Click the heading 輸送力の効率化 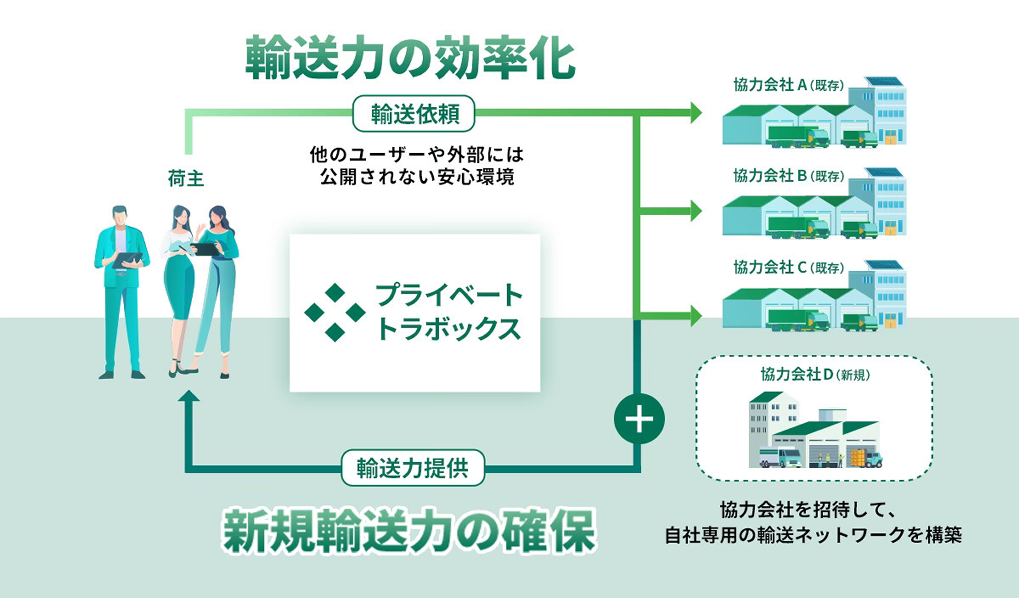pos(410,59)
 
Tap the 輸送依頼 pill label pos(414,114)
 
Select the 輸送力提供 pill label pos(413,468)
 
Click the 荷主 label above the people pos(186,178)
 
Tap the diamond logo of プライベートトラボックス pos(335,313)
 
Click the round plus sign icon pos(639,419)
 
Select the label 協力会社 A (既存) pos(788,85)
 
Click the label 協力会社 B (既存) pos(788,176)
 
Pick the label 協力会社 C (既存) pos(788,268)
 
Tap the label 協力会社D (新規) pos(815,375)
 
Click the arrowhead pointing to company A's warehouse pos(695,113)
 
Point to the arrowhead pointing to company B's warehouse pos(695,211)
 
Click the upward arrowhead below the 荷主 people pos(189,396)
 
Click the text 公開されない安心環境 pos(417,177)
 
